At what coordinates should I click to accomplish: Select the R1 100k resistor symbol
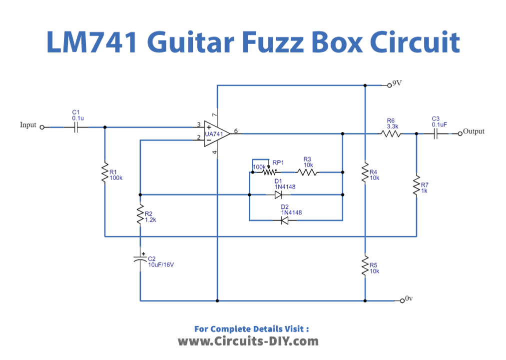[x=105, y=173]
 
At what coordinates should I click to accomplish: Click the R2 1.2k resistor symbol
[x=140, y=215]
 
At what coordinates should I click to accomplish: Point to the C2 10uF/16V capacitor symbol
[x=140, y=259]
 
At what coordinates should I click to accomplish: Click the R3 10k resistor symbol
[x=308, y=172]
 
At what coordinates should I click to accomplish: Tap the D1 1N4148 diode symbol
[x=279, y=194]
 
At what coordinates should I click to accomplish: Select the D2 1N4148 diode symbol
[x=285, y=220]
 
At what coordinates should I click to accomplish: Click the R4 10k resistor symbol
[x=365, y=172]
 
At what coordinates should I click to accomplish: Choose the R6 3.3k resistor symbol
[x=391, y=133]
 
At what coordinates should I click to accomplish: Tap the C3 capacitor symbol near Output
[x=436, y=133]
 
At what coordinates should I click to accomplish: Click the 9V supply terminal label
[x=397, y=83]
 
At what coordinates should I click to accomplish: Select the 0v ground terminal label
[x=409, y=298]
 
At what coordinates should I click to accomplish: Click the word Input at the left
[x=28, y=125]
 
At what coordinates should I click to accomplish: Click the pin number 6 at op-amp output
[x=236, y=131]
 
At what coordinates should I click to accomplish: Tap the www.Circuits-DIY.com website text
[x=248, y=341]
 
